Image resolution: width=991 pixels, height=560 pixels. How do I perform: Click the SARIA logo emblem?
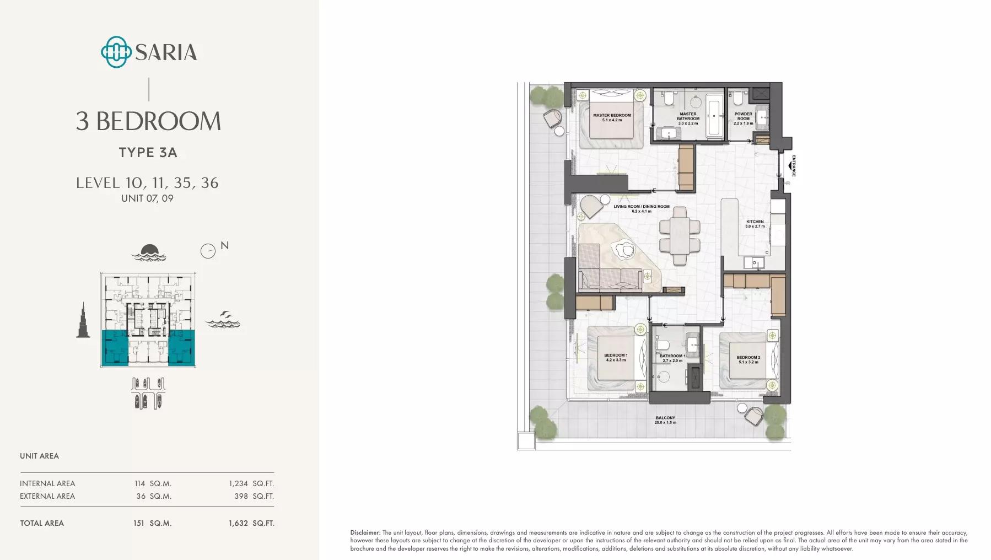point(116,52)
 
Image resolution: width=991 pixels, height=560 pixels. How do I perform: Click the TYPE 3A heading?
point(148,153)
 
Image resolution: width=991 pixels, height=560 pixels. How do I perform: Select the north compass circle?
point(208,251)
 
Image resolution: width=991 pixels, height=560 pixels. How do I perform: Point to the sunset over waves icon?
point(149,252)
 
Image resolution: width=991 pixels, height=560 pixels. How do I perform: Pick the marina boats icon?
point(148,394)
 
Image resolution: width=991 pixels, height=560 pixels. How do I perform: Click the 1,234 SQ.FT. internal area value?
point(251,483)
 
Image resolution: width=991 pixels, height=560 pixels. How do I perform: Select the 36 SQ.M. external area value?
point(154,496)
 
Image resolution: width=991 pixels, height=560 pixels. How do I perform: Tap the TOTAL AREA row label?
point(42,523)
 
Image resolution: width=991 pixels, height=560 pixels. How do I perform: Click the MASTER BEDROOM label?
point(612,116)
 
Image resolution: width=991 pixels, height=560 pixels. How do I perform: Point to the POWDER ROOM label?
point(744,116)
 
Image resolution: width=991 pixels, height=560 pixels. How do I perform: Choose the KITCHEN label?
point(755,222)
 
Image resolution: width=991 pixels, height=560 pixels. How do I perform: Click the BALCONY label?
point(665,418)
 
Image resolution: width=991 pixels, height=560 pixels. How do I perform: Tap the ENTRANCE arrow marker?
point(791,166)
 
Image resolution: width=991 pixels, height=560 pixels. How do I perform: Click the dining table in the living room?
point(680,236)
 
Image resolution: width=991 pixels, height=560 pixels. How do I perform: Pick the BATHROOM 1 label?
point(672,356)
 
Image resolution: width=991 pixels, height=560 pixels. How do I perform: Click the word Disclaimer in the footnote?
point(365,532)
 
